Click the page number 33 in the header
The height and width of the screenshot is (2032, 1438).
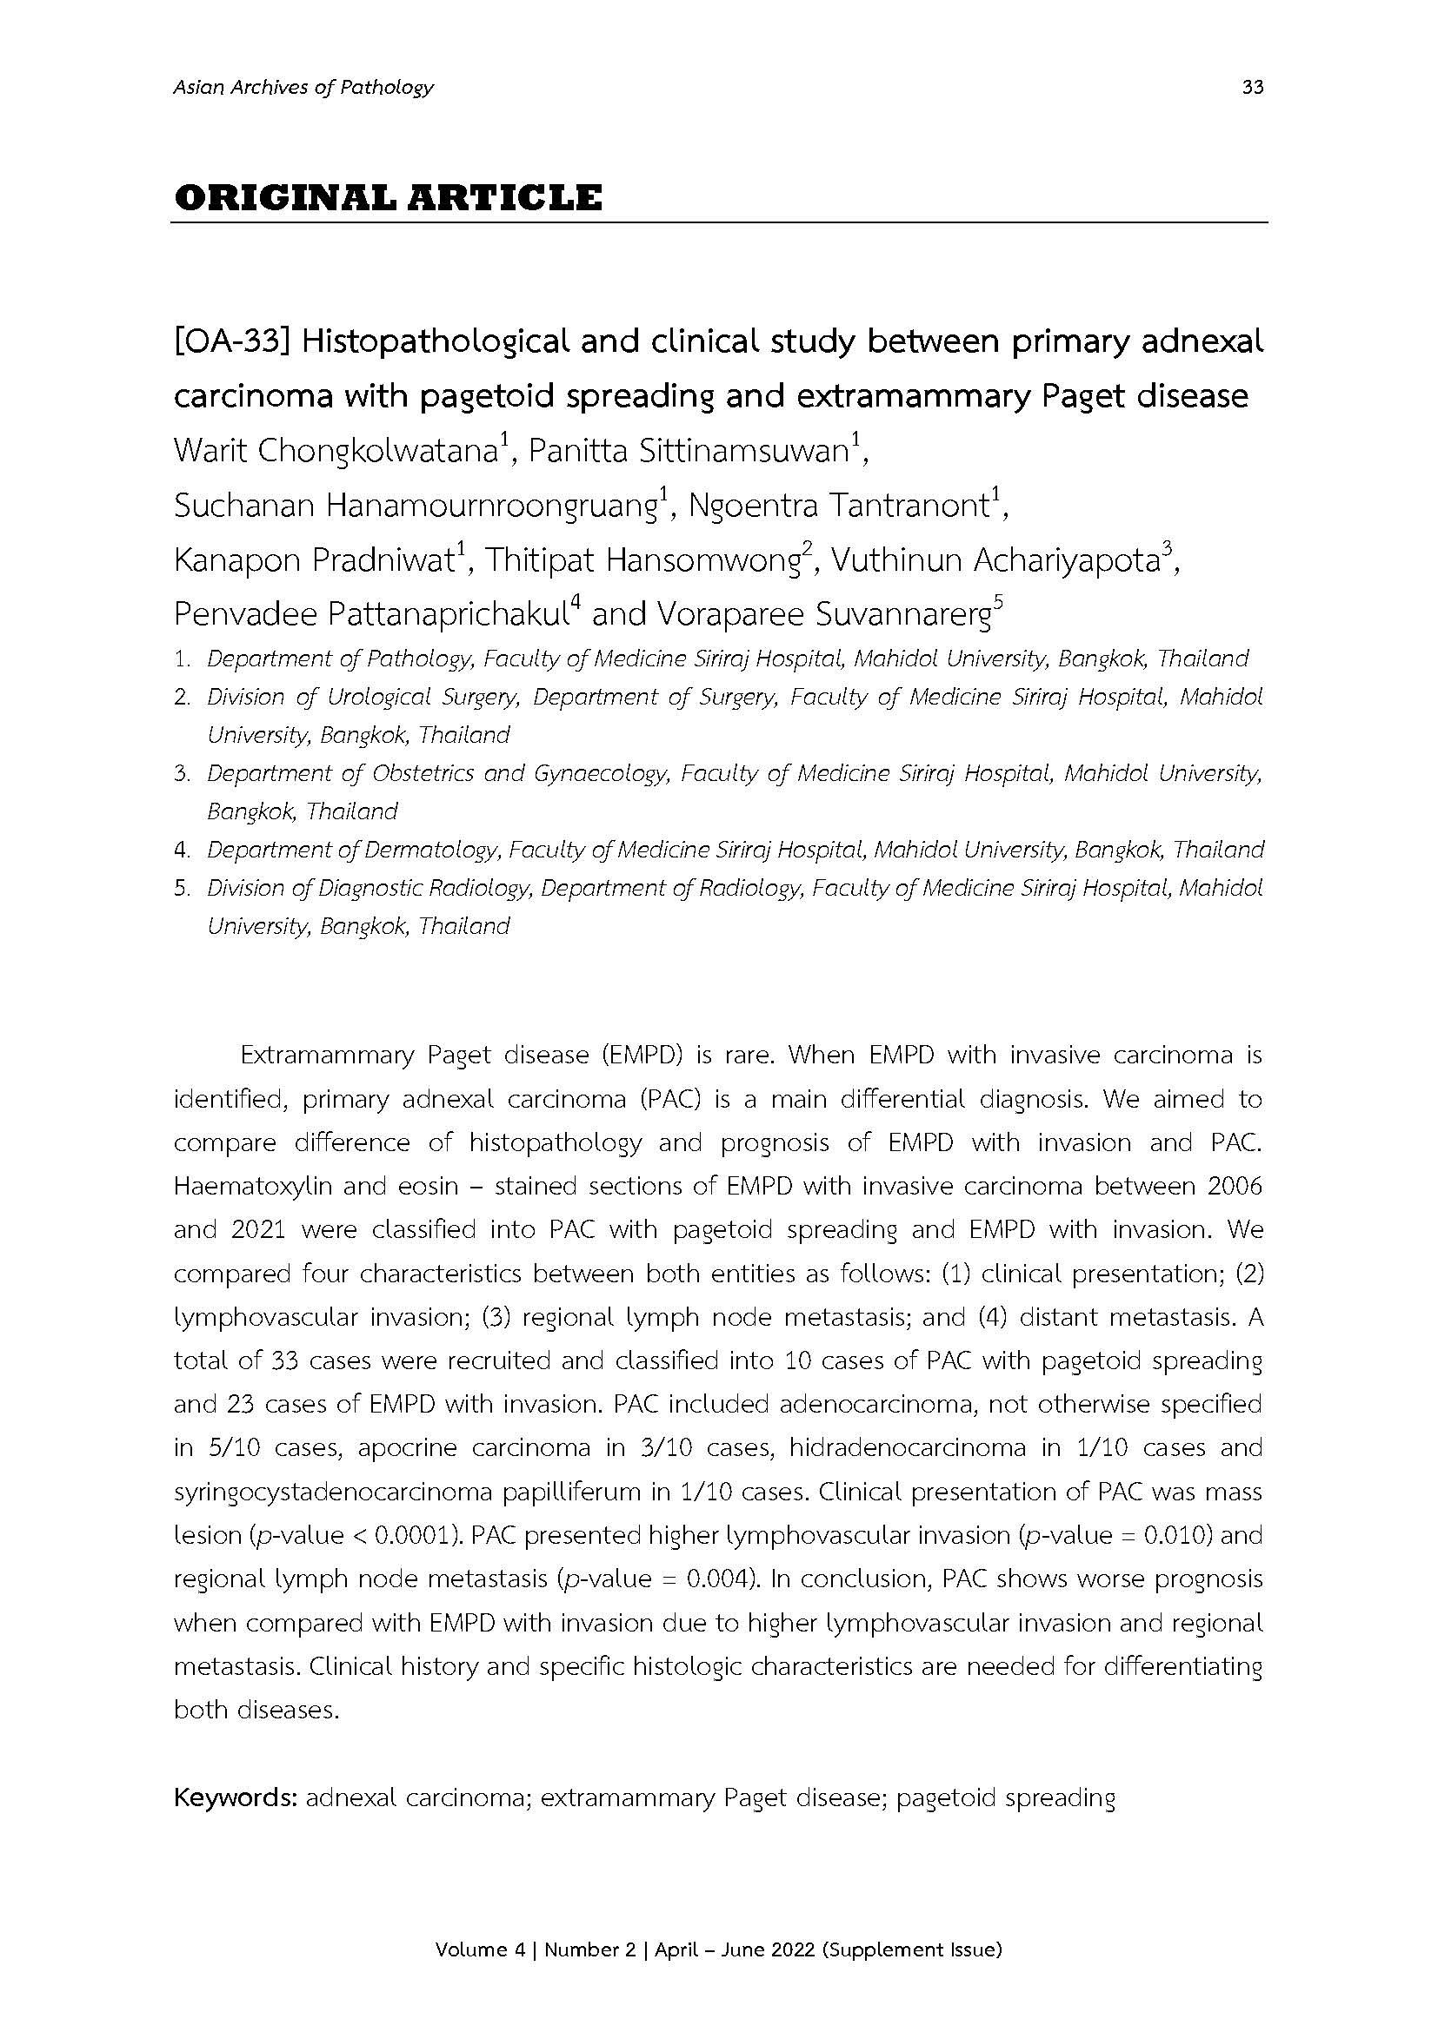[x=1252, y=87]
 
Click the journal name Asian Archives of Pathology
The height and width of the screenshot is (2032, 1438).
[x=303, y=87]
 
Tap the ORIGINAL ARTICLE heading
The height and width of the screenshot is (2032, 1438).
[x=388, y=197]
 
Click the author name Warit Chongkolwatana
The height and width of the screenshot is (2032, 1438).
[x=334, y=452]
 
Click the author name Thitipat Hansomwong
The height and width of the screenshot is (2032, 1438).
[x=641, y=561]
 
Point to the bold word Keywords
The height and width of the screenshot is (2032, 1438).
[x=234, y=1798]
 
